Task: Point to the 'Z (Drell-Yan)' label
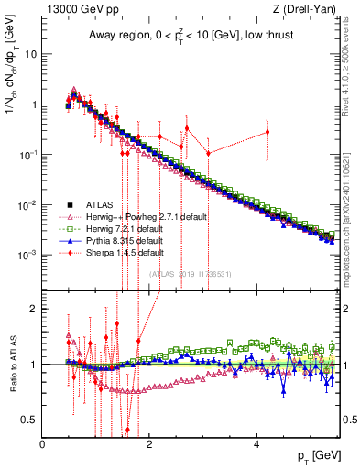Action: coord(306,10)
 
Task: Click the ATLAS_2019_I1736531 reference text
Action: coord(191,273)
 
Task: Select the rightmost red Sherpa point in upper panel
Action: coord(267,132)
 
